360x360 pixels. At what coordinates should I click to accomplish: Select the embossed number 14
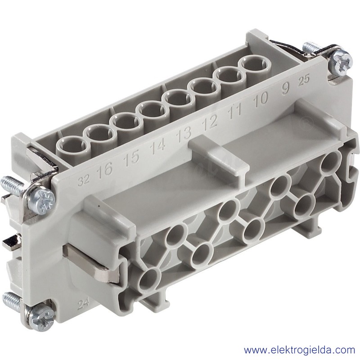coord(158,145)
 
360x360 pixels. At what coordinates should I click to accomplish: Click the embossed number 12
coord(210,121)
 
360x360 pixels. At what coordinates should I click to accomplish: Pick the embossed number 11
coord(235,110)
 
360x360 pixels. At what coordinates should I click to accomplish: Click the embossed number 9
coord(285,88)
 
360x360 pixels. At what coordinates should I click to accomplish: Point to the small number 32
coord(84,181)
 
